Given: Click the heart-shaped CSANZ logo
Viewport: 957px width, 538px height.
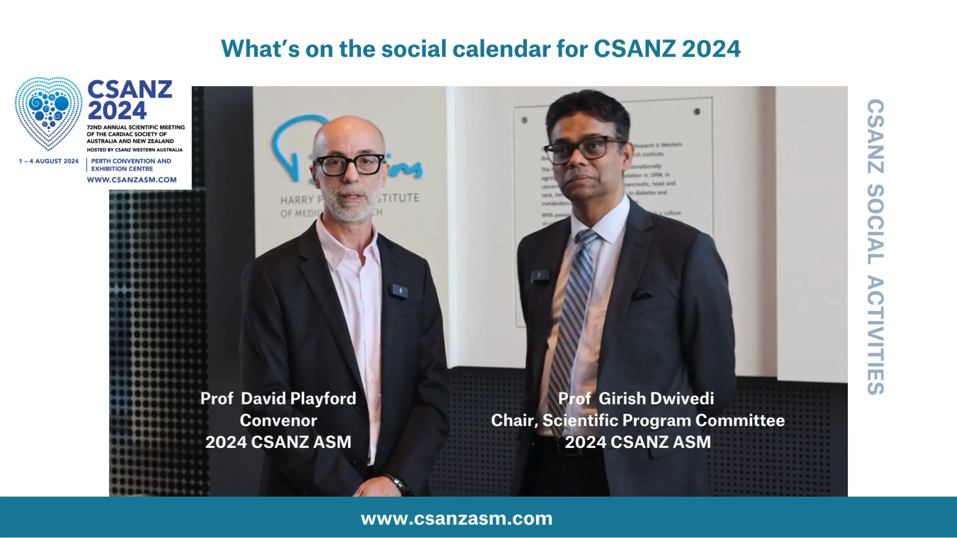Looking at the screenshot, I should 48,113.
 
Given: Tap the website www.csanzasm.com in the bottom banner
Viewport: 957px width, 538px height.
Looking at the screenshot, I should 457,519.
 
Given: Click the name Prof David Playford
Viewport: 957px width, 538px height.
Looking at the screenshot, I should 278,399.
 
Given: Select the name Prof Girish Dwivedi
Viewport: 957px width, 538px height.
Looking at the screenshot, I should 636,399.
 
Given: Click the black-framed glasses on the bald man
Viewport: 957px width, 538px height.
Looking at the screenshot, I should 349,165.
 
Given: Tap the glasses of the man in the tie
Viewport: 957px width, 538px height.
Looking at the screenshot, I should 583,149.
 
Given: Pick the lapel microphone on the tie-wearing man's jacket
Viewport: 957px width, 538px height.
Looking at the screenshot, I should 539,275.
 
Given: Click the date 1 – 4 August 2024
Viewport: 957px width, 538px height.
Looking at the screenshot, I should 49,161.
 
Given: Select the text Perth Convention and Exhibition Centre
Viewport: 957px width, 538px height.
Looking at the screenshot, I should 131,165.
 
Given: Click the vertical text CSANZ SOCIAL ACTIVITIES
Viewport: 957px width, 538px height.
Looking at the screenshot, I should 875,247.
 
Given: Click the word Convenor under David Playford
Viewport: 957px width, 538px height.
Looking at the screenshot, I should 278,420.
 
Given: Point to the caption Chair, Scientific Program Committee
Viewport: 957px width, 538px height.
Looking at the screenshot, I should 638,420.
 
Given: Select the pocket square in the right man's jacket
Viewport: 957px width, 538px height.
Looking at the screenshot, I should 642,295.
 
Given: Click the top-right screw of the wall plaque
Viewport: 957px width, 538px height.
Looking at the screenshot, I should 697,112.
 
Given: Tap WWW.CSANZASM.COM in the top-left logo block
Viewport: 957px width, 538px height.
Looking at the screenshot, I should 132,180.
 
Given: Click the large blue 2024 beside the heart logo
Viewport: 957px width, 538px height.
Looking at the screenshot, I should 117,111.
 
